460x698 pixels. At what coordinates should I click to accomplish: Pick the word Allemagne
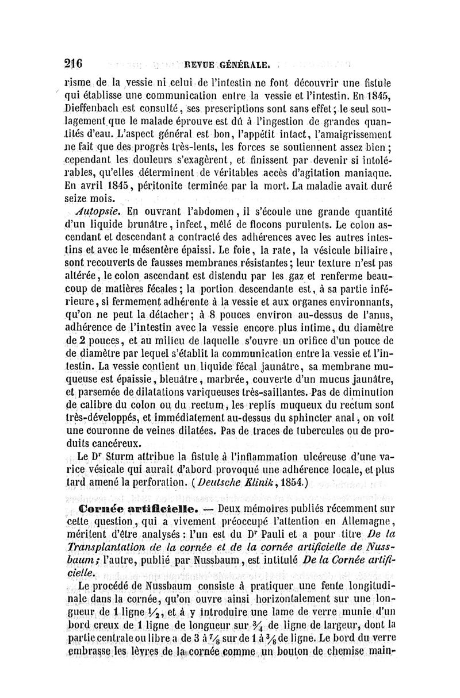[x=367, y=522]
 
